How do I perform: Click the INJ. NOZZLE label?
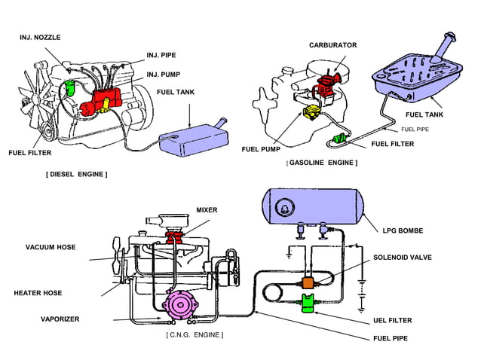click(40, 37)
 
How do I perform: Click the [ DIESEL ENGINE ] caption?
click(76, 174)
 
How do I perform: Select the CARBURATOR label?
click(332, 45)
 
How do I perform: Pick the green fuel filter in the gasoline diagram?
click(341, 139)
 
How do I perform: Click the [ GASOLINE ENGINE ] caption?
click(322, 163)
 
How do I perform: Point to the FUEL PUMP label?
click(261, 149)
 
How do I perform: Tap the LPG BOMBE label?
click(402, 230)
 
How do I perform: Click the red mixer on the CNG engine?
click(178, 240)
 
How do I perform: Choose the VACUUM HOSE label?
click(51, 247)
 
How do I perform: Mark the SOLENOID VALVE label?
click(403, 258)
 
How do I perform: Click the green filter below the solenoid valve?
click(308, 304)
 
